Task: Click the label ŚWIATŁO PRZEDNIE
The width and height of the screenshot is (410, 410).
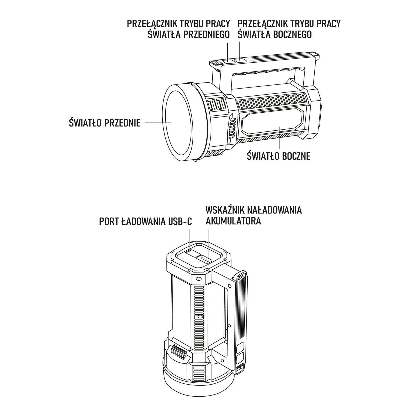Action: coord(105,123)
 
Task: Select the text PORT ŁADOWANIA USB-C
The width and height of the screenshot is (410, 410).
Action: coord(146,221)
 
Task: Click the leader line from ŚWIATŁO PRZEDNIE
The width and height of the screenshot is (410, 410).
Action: coord(158,123)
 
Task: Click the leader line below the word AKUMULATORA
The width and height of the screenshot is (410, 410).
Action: coord(208,242)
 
